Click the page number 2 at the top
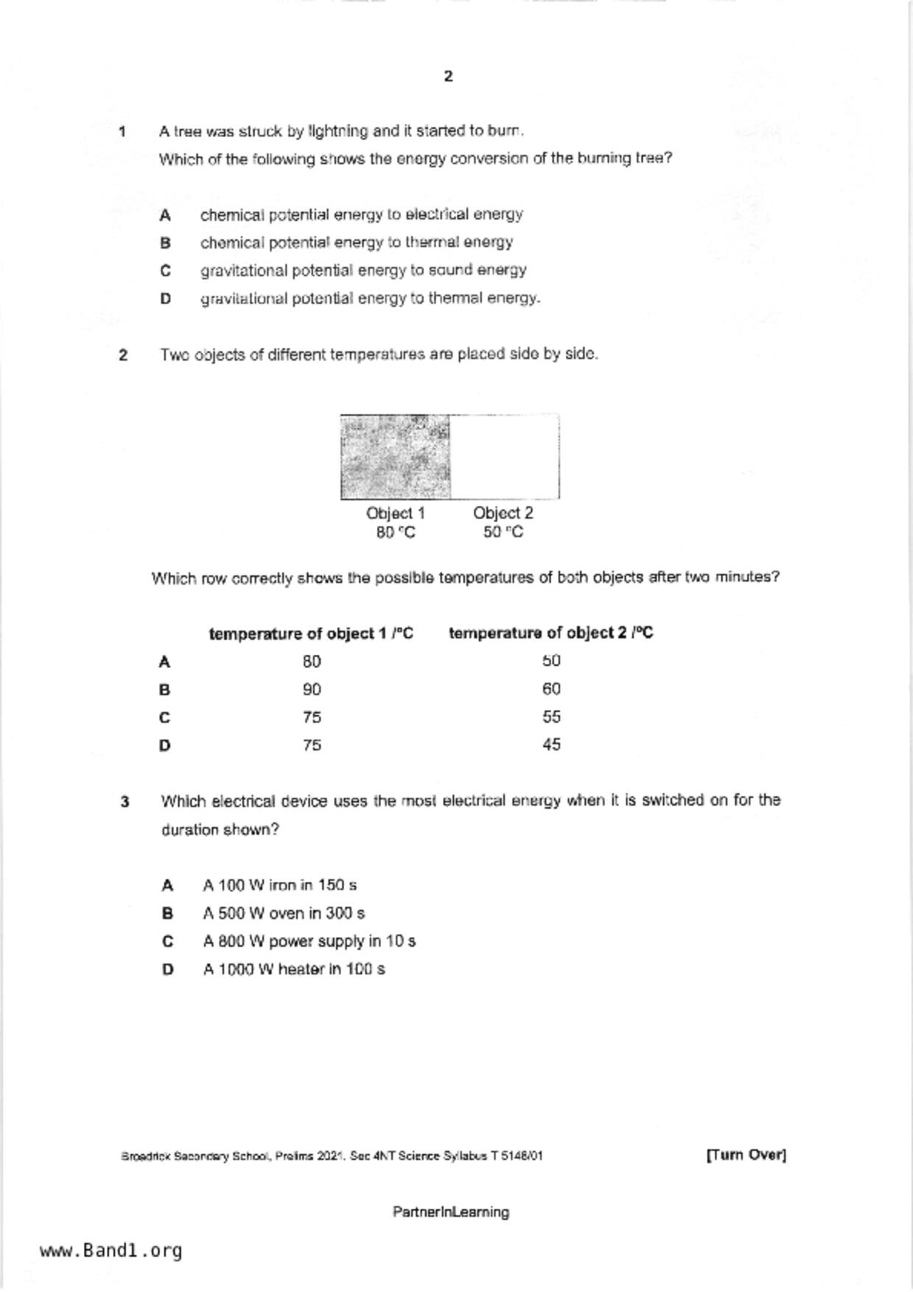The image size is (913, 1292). point(449,77)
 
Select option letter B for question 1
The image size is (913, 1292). point(166,243)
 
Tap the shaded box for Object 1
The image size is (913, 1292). point(395,457)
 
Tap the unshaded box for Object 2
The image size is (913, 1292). point(504,457)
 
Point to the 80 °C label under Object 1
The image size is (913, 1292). point(396,533)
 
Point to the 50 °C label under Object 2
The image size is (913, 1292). point(503,533)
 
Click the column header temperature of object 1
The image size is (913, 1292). point(311,633)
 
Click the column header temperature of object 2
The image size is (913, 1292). point(550,633)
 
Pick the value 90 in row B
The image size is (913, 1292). point(312,689)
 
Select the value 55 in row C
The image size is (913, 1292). point(551,717)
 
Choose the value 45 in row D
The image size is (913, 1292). point(551,745)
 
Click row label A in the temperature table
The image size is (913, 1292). point(164,662)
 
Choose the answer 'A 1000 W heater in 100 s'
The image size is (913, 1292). point(294,969)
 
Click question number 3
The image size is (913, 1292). point(125,801)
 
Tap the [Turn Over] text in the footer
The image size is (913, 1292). point(746,1155)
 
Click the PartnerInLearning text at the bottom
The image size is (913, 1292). point(450,1212)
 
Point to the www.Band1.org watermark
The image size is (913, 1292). point(111,1251)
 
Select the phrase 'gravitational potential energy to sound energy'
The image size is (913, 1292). point(363,270)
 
